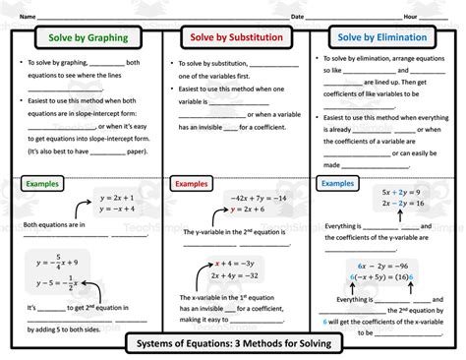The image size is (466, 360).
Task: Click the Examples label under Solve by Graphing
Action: (45, 184)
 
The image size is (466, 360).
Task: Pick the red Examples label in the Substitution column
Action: (195, 184)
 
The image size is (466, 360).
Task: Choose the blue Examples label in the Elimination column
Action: (337, 183)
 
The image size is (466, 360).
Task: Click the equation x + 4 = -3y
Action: (236, 263)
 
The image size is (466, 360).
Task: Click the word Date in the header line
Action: (297, 17)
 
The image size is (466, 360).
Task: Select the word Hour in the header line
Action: (410, 17)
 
